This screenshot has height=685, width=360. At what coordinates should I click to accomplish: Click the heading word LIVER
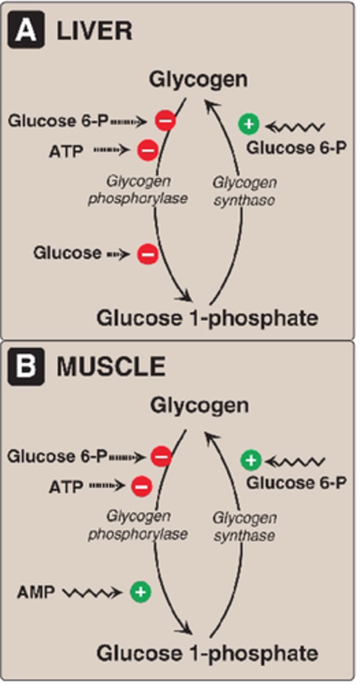[94, 31]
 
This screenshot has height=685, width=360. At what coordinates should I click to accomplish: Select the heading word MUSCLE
[111, 367]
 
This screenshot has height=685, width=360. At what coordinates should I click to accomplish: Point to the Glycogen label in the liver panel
[199, 80]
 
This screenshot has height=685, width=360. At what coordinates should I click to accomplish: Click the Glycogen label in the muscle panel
[199, 406]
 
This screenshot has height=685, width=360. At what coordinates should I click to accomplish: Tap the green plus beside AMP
[140, 593]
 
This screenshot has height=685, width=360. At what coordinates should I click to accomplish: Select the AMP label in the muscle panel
[37, 593]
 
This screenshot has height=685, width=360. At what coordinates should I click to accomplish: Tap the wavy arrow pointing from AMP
[91, 593]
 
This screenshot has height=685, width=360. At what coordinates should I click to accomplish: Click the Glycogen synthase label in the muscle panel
[244, 526]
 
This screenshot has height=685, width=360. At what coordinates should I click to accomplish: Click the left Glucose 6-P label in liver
[59, 121]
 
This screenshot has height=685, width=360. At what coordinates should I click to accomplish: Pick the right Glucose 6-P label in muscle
[296, 483]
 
